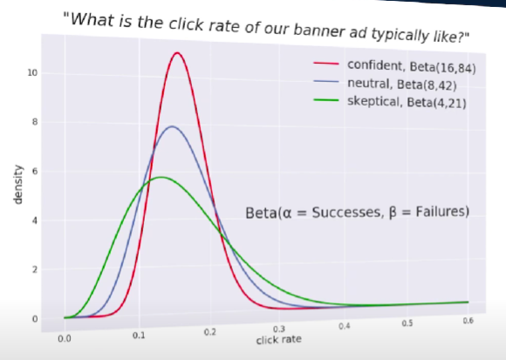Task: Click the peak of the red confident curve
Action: [x=177, y=53]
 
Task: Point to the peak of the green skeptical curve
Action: [x=161, y=177]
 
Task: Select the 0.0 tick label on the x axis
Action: [x=65, y=336]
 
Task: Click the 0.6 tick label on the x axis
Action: [x=468, y=323]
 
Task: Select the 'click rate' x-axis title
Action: [x=279, y=339]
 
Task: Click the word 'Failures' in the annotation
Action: [x=434, y=211]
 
